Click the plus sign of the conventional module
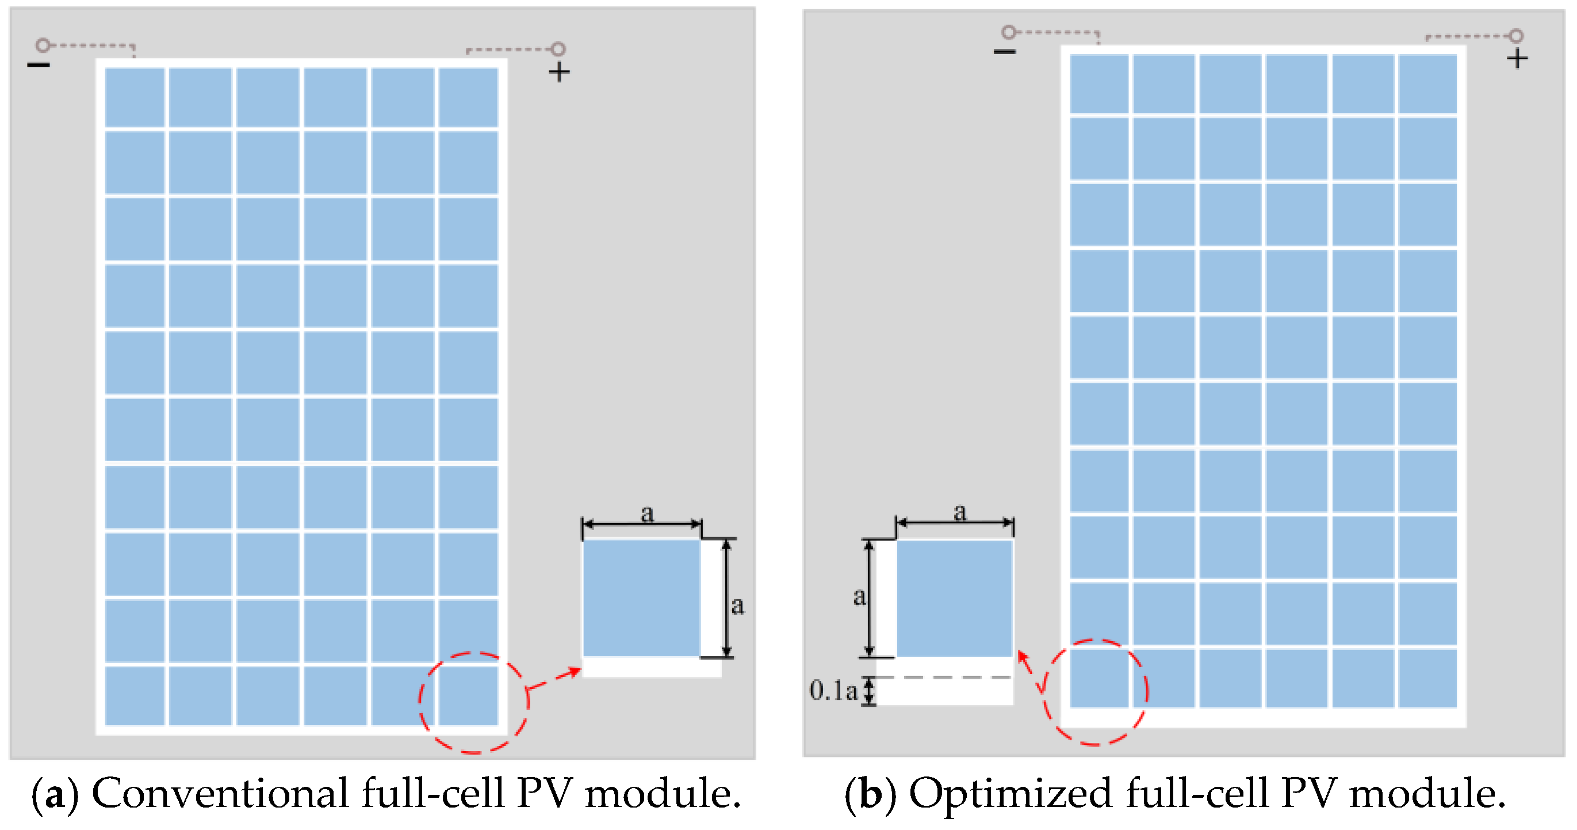click(x=558, y=73)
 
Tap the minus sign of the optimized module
click(x=1004, y=51)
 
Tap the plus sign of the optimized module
click(x=1517, y=59)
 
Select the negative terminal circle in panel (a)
click(x=42, y=45)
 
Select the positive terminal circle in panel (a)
click(x=558, y=48)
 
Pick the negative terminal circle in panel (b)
click(x=1008, y=31)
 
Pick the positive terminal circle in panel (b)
click(x=1516, y=36)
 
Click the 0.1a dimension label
click(x=833, y=691)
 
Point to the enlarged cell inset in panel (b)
click(x=954, y=598)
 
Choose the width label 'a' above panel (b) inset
click(x=959, y=512)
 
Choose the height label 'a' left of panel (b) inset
click(x=859, y=596)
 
